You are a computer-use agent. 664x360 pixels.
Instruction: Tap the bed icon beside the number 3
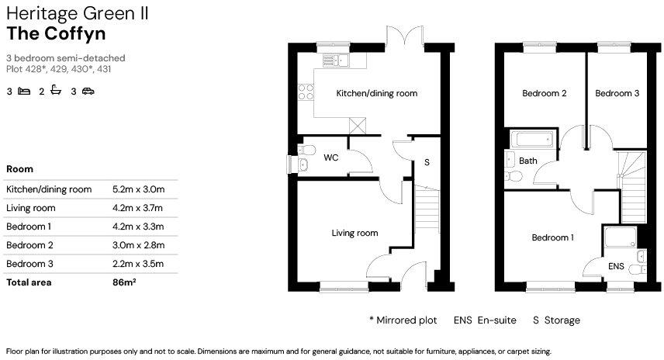point(24,92)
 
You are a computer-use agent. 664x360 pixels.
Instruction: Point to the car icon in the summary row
point(88,92)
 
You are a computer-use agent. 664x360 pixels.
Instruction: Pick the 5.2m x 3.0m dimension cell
point(139,189)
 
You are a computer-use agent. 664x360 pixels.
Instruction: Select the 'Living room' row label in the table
point(30,208)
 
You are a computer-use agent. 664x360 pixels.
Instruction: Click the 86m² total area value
point(124,282)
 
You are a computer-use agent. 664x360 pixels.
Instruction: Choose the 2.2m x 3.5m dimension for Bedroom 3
point(139,264)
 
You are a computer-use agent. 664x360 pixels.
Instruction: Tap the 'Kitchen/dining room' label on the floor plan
point(376,93)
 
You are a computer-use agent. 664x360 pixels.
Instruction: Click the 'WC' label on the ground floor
point(330,157)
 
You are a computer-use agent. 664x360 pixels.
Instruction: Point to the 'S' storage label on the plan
point(427,163)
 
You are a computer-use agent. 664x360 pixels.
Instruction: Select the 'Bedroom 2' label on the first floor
point(544,93)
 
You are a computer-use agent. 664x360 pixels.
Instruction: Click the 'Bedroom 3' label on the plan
point(617,93)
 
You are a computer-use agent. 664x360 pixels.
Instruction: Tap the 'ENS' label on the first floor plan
point(616,266)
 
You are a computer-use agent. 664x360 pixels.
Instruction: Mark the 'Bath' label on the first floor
point(528,161)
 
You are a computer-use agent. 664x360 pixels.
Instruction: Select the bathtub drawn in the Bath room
point(531,140)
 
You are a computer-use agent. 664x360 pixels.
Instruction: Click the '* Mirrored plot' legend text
point(403,320)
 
